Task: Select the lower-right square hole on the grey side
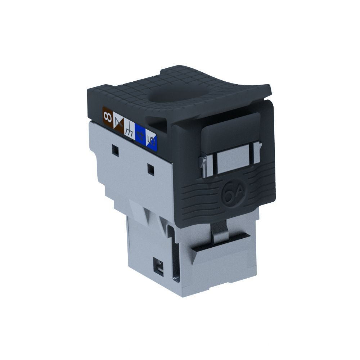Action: (151, 170)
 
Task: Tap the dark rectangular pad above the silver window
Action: (230, 130)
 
